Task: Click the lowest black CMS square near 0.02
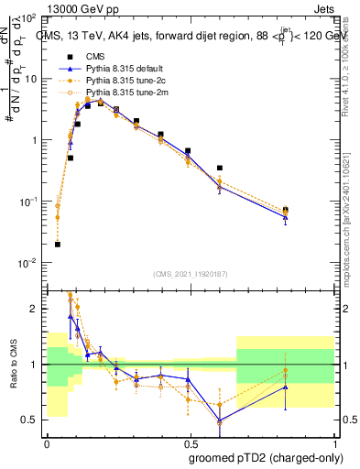58,245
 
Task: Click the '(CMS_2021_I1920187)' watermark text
190,274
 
